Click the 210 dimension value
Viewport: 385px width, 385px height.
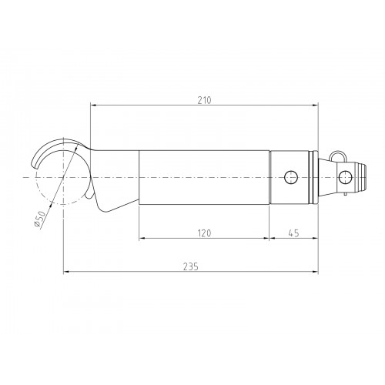pyautogui.click(x=204, y=100)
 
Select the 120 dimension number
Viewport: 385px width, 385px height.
pyautogui.click(x=204, y=233)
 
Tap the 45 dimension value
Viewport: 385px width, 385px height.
pyautogui.click(x=293, y=233)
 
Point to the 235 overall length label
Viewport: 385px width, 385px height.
pyautogui.click(x=191, y=266)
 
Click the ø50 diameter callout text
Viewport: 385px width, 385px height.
pyautogui.click(x=40, y=219)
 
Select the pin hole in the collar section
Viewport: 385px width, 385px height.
pyautogui.click(x=291, y=177)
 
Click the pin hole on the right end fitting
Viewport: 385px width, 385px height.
pyautogui.click(x=345, y=177)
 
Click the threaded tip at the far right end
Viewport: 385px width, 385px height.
pyautogui.click(x=361, y=177)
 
